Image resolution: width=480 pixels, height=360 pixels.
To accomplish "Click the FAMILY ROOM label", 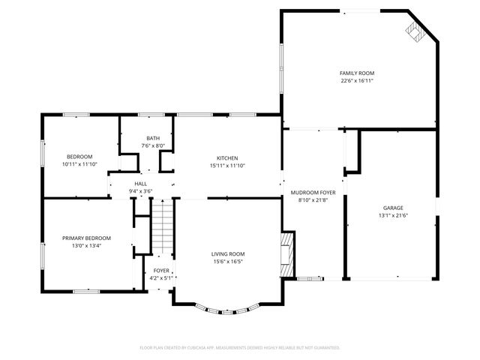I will [356, 73].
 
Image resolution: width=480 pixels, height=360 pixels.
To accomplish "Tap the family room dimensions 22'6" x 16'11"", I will [356, 80].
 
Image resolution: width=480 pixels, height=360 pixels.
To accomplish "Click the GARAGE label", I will [393, 208].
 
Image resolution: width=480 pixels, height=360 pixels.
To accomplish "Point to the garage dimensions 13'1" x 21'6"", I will [393, 216].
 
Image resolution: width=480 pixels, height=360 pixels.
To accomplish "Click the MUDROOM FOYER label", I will [313, 193].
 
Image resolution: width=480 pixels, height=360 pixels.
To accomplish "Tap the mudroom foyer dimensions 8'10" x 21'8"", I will [313, 200].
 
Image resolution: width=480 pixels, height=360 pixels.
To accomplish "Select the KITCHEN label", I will [227, 157].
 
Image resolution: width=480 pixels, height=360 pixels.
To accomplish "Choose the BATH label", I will [153, 138].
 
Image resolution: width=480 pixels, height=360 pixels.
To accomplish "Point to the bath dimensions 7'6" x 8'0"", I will [153, 145].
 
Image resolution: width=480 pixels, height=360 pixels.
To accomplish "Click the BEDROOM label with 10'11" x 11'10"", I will [80, 156].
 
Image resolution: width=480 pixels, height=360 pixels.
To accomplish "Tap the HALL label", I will [140, 184].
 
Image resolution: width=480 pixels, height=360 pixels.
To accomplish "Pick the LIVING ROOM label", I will [227, 253].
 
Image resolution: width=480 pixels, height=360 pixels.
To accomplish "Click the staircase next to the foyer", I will [163, 229].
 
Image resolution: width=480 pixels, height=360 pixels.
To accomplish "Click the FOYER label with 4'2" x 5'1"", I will [161, 270].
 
